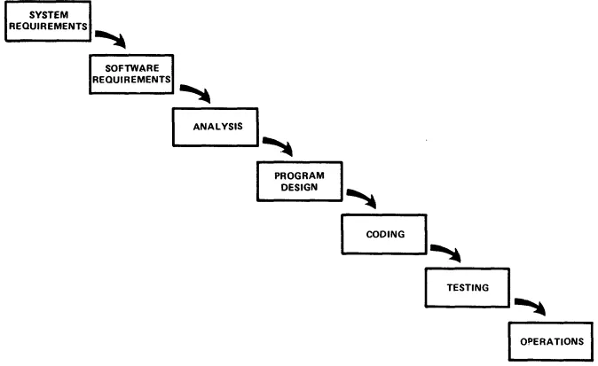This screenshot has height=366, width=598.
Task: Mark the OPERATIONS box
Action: tap(551, 340)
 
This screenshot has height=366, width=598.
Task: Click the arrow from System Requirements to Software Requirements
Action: tap(114, 38)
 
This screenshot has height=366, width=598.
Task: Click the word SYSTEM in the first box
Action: tap(37, 16)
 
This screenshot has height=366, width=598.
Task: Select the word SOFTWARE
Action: tap(131, 67)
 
